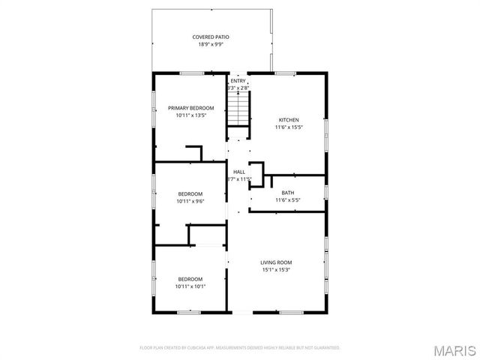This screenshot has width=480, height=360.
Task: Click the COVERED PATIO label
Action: click(211, 37)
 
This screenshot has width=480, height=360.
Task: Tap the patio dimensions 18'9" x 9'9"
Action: click(211, 44)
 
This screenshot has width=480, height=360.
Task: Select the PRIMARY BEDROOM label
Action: click(190, 108)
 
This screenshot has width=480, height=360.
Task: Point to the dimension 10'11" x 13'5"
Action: click(190, 115)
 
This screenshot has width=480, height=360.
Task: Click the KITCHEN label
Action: click(289, 120)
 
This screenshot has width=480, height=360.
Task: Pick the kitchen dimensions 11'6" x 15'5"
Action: click(289, 127)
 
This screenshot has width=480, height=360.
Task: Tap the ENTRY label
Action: click(238, 81)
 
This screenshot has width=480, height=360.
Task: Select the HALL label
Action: click(238, 172)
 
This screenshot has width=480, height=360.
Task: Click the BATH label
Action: click(288, 193)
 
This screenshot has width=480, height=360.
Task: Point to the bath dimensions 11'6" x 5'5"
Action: click(288, 200)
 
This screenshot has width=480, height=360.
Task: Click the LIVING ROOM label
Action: click(275, 262)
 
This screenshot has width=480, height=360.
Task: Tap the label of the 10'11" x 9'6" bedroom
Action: click(190, 193)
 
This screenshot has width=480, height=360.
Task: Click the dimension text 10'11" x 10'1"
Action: click(190, 286)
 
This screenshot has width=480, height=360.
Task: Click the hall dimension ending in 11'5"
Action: click(238, 179)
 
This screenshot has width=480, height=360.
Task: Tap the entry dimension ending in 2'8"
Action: click(238, 88)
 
